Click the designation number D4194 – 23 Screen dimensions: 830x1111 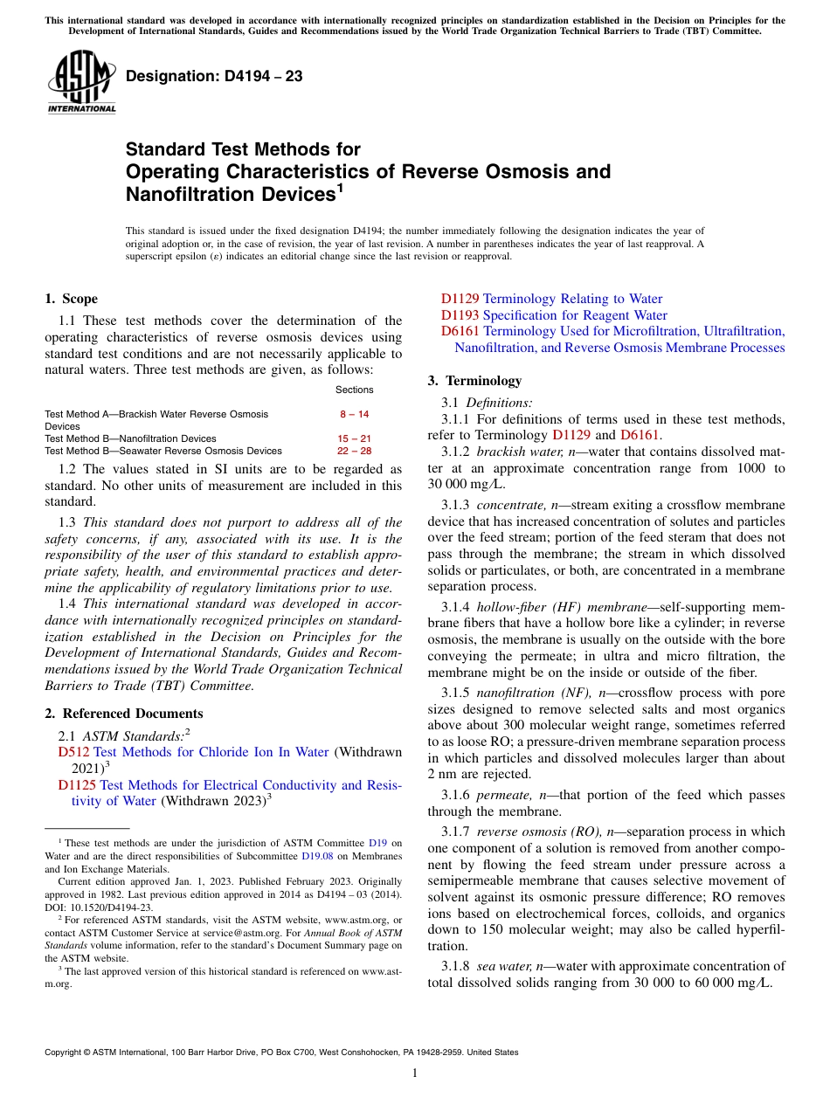coord(214,76)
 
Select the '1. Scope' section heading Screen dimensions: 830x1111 coord(71,299)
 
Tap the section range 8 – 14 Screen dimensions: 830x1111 coord(354,414)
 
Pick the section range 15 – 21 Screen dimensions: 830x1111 coord(354,438)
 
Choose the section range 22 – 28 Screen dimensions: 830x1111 coord(354,451)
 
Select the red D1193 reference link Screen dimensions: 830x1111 coord(460,315)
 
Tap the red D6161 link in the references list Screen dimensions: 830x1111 coord(460,332)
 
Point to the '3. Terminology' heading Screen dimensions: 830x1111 coord(474,381)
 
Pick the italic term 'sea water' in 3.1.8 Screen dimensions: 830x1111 coord(503,967)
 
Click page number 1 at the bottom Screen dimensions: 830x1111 coord(415,1073)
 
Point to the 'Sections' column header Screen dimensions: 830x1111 coord(354,390)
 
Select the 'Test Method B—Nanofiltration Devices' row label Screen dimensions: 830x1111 coord(130,438)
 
